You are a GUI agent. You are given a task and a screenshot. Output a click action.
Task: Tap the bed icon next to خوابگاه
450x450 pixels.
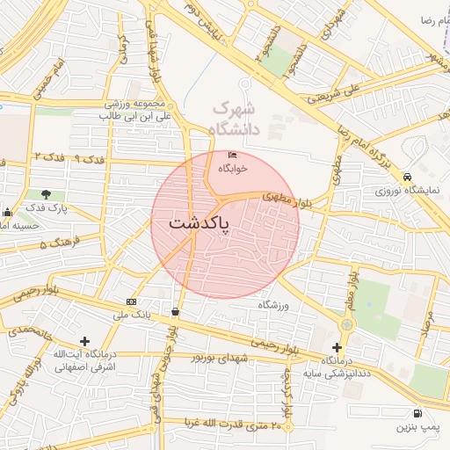coord(232,155)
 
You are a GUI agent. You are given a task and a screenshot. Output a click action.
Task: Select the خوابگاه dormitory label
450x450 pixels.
coord(233,167)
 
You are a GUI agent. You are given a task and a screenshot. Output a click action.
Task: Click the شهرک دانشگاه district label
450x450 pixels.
coord(236,119)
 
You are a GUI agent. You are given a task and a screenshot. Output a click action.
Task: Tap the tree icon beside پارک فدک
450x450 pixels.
coord(46,193)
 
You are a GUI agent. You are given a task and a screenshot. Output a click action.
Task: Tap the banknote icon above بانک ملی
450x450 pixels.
coord(132,301)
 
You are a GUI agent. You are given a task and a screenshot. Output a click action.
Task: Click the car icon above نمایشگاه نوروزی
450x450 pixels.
coord(407,177)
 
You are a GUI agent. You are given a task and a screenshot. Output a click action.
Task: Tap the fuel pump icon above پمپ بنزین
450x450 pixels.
coord(416,413)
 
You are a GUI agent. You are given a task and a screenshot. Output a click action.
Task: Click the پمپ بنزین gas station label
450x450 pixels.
coord(415,427)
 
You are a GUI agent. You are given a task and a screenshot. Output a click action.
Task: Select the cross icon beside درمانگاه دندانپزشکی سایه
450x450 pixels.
coord(337,347)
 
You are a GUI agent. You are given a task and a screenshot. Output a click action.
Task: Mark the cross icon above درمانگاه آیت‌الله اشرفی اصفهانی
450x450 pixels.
coord(84,341)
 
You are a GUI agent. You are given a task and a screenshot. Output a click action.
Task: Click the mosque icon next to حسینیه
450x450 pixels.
coord(8,212)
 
